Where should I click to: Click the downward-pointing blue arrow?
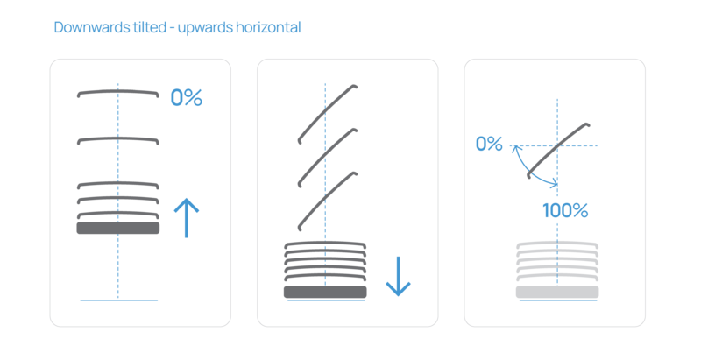point(398,276)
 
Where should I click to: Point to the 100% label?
point(564,211)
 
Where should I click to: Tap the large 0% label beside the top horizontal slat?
point(186,98)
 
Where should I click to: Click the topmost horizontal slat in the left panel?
point(118,92)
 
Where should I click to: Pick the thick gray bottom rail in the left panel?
point(118,228)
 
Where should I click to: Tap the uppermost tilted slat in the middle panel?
point(327,112)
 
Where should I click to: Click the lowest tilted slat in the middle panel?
point(327,199)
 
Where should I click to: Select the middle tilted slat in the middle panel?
point(327,156)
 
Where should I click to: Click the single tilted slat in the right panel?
point(557,146)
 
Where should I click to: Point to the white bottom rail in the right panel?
point(557,292)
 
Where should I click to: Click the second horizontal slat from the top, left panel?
point(118,139)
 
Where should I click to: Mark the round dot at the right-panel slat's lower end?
point(528,176)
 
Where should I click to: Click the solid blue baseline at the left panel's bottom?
point(118,300)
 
